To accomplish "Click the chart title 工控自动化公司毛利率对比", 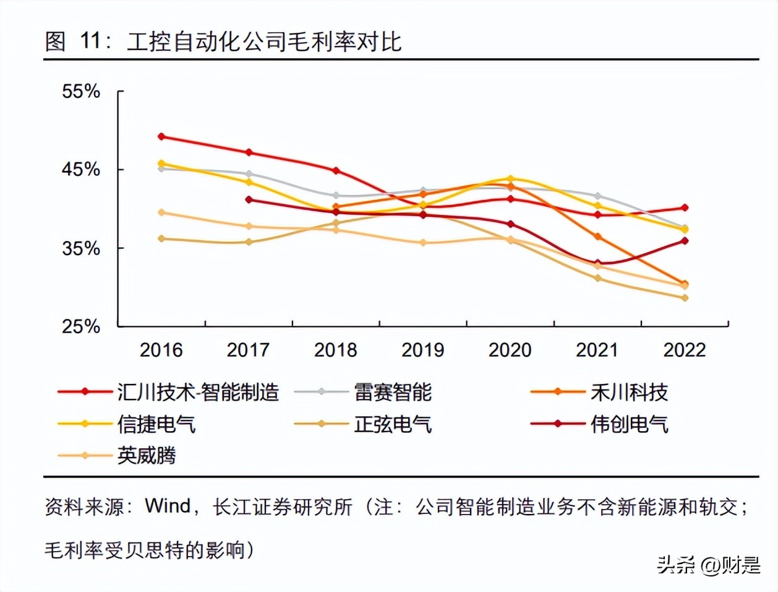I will pos(264,41).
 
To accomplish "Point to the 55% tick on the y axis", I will pos(80,92).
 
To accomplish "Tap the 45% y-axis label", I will pos(80,169).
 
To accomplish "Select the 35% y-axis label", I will pos(80,248).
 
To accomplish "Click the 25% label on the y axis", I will pos(80,326).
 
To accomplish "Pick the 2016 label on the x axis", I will pos(161,350).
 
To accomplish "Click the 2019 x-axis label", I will pos(423,350).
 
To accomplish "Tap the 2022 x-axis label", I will pos(685,350).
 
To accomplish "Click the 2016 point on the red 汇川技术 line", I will pos(161,136).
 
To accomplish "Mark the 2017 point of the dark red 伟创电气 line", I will pos(249,199).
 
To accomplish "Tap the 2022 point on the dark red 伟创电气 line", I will pos(685,241).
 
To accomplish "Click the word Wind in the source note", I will pos(168,506).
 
